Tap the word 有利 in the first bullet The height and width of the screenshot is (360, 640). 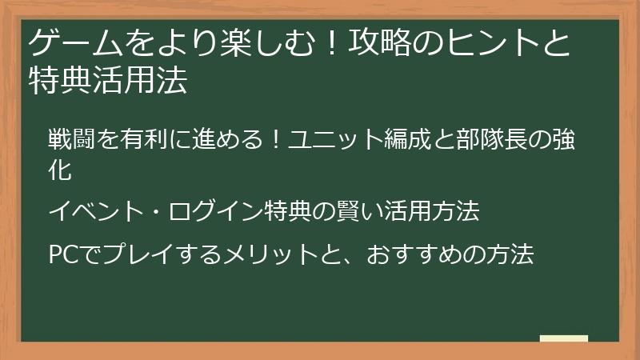pyautogui.click(x=144, y=139)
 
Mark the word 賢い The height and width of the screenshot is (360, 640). pyautogui.click(x=345, y=212)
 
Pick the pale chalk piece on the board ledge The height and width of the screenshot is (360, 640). pyautogui.click(x=563, y=338)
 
